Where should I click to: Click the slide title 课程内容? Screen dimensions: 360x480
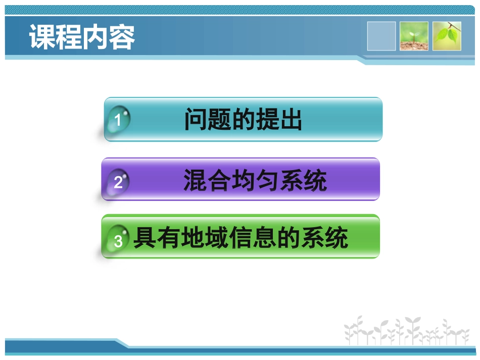82,37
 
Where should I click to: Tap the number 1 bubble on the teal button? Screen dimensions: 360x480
118,120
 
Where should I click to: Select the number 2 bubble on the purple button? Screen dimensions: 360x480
118,182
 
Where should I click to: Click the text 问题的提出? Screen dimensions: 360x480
243,120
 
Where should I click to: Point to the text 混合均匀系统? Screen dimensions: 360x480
255,181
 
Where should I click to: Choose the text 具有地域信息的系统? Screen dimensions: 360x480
241,238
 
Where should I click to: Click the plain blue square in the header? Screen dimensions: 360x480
381,36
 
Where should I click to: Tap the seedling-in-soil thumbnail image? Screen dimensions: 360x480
414,36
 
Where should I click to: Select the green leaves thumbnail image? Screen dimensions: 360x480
447,36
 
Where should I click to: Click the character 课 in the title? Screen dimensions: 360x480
42,37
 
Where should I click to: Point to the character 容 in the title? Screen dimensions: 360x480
122,37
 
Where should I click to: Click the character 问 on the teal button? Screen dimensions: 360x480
196,120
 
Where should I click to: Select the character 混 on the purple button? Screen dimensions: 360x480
196,181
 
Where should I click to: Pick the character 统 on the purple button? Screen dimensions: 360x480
315,181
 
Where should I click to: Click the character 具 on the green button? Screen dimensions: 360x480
144,238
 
